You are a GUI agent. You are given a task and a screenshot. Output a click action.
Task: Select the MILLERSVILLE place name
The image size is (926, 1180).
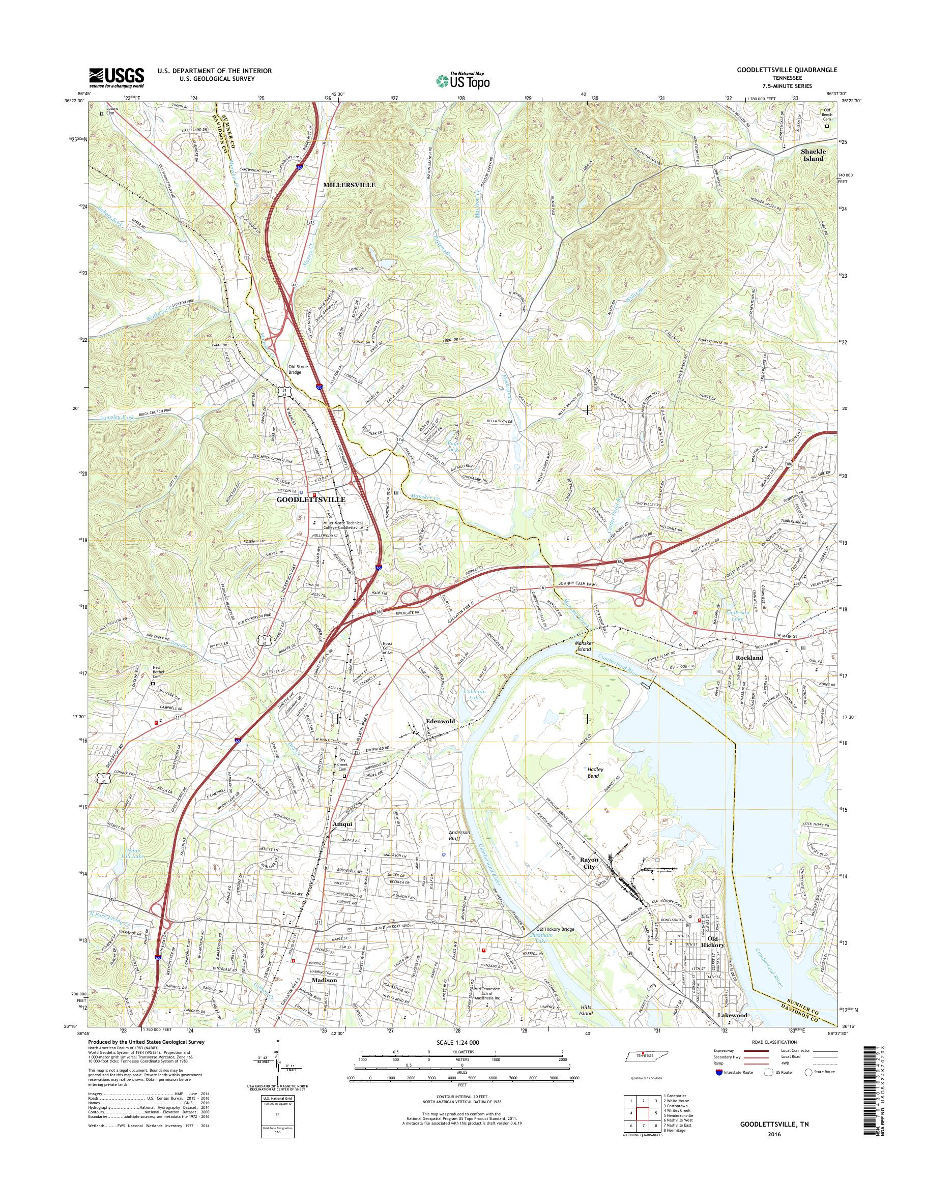coord(349,185)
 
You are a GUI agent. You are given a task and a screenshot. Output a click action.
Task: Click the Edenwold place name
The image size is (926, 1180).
coord(440,721)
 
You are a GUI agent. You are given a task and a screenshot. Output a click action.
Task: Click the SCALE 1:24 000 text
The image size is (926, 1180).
coord(456,1042)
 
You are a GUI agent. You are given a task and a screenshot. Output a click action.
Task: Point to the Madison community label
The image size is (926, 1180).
coord(324,980)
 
